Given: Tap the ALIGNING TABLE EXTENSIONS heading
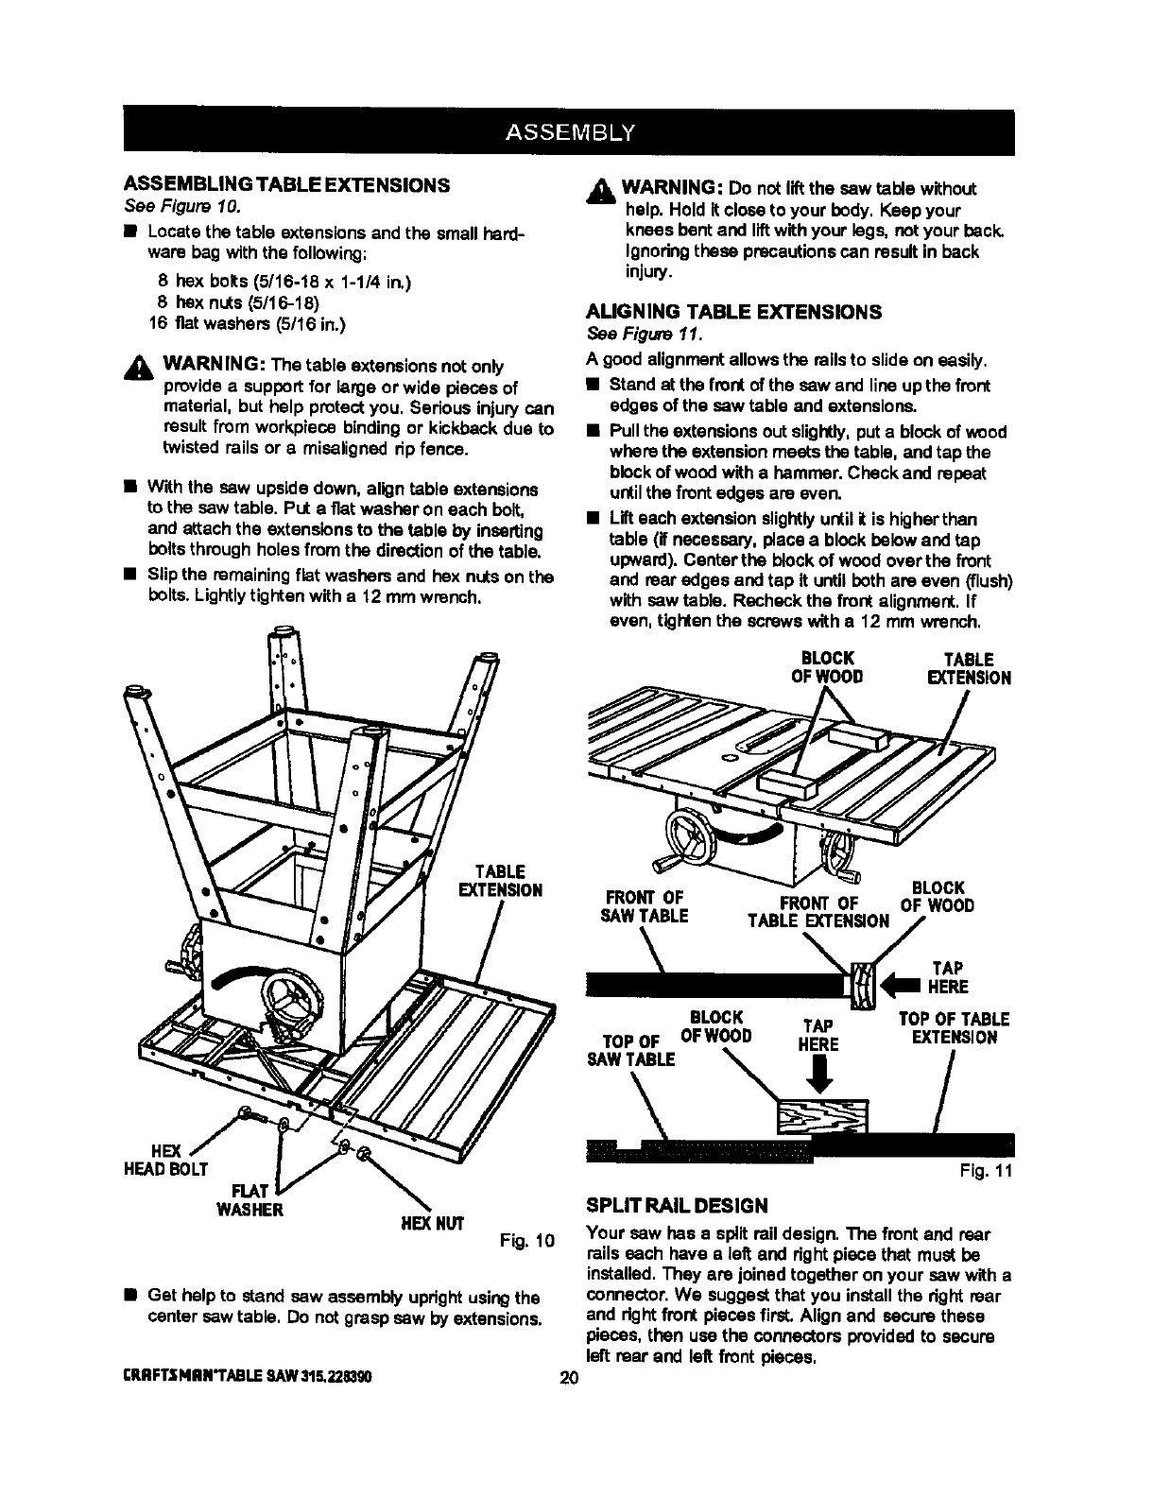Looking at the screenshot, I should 733,312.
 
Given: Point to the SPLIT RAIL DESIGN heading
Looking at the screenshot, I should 677,1205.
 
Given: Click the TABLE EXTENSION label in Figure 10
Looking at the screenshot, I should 499,880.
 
